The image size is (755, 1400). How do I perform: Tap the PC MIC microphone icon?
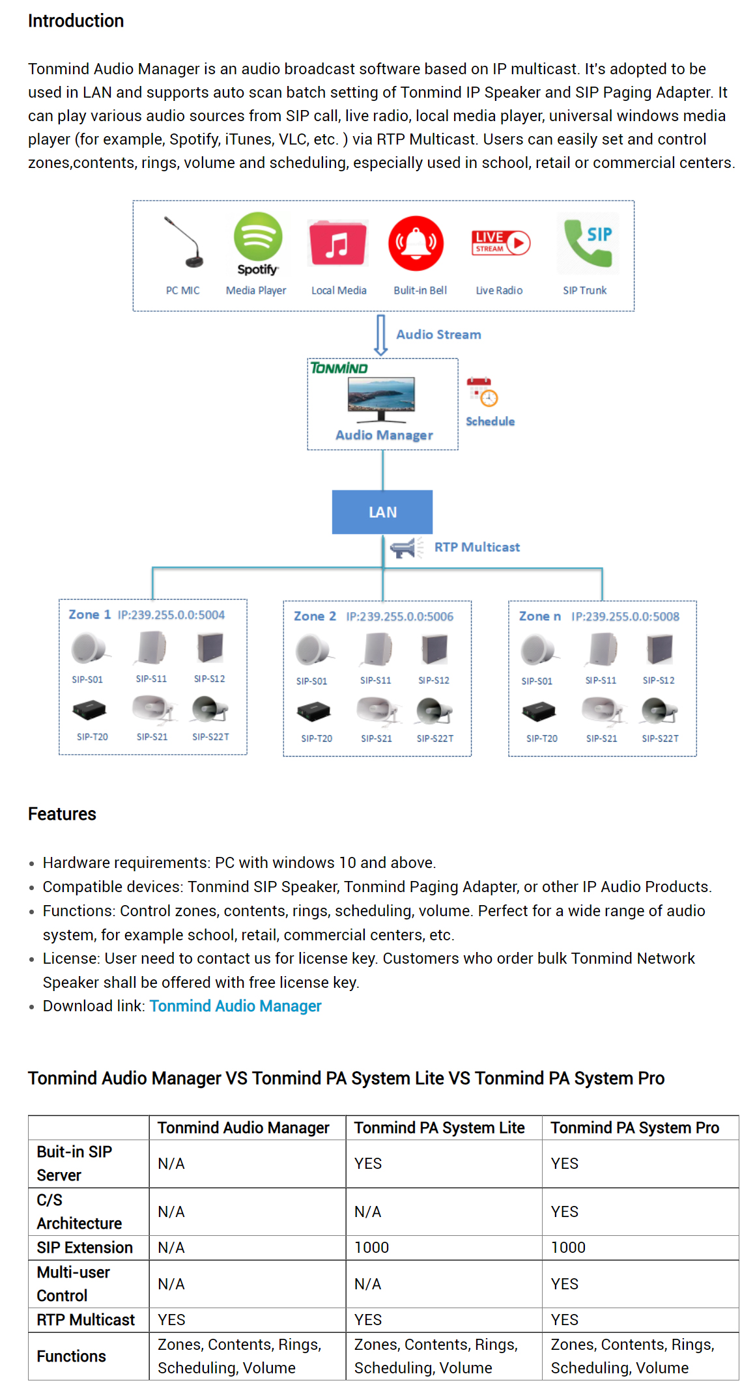184,242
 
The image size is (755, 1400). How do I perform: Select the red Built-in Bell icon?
416,244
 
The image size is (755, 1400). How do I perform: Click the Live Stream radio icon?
500,243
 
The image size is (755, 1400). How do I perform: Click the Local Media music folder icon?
337,243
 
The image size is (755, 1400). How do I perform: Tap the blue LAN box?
382,512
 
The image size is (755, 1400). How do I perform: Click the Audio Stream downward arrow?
381,335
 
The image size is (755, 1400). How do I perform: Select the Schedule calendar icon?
482,392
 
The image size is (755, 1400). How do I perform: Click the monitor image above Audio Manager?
382,399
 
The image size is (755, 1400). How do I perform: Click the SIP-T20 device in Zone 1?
89,709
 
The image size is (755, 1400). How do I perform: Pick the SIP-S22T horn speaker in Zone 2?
434,711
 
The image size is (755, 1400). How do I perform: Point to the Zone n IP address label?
625,617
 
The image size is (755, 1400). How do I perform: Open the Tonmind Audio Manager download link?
236,1006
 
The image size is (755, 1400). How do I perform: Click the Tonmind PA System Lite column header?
440,1128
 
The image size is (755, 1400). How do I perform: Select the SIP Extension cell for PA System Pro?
568,1248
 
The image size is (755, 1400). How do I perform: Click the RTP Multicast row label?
86,1320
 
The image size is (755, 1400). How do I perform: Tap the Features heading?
62,814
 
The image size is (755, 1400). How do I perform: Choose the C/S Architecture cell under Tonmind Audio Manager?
171,1212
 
